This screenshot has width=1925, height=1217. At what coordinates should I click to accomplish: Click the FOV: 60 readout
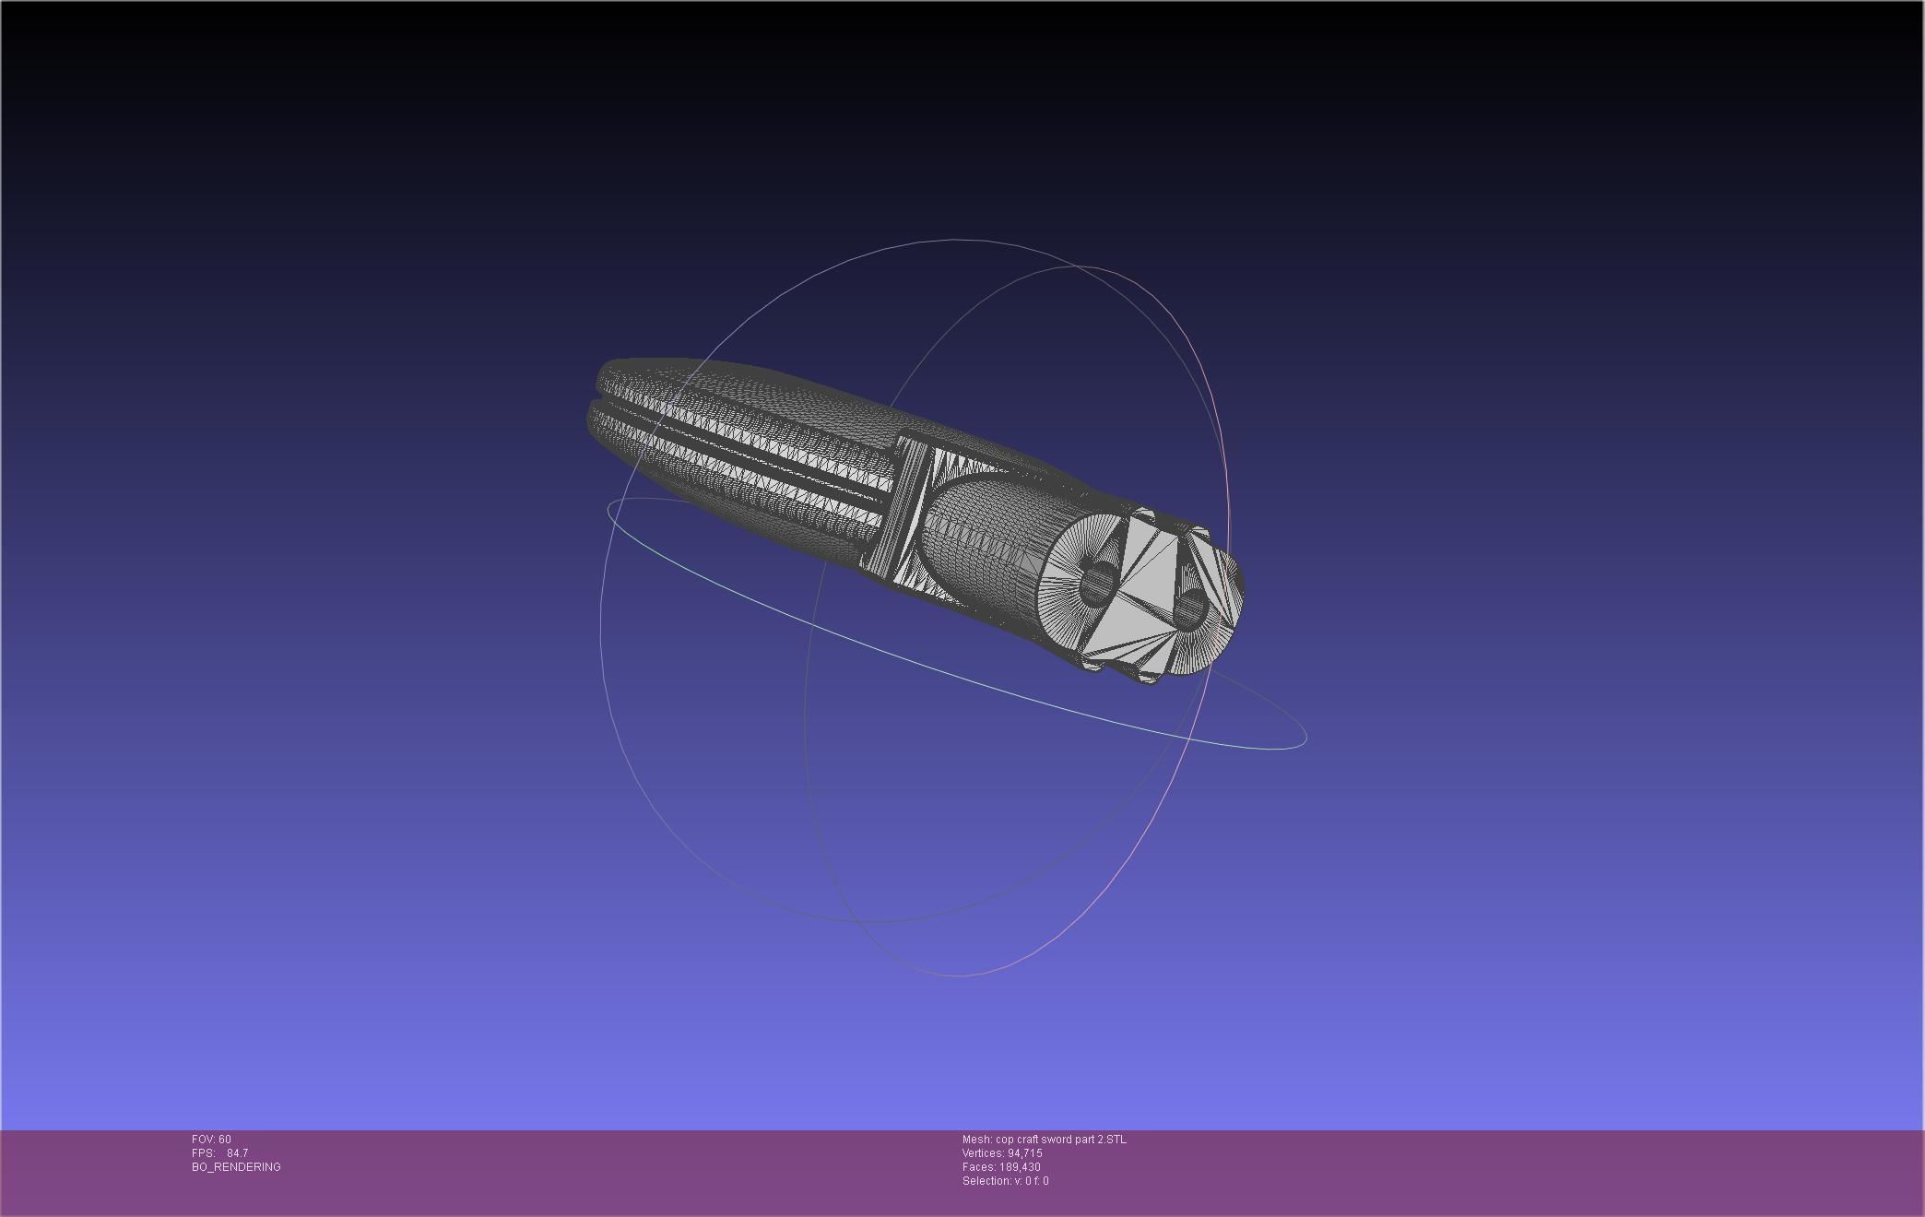(x=211, y=1140)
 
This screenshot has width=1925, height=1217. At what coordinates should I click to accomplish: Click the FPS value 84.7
(x=237, y=1153)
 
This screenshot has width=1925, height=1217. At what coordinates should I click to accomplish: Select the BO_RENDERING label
(x=236, y=1167)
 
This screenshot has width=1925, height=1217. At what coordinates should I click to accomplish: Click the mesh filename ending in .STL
(x=1060, y=1140)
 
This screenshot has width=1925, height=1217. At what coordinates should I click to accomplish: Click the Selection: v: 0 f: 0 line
(x=1005, y=1181)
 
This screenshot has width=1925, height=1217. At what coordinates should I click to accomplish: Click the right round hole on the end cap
(x=1189, y=608)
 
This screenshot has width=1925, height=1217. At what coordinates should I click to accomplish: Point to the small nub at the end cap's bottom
(x=1149, y=679)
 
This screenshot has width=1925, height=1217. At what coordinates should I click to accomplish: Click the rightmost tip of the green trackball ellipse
(x=1306, y=738)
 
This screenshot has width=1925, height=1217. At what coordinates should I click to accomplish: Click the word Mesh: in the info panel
(x=976, y=1140)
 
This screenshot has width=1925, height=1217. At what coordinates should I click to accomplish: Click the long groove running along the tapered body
(x=738, y=443)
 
